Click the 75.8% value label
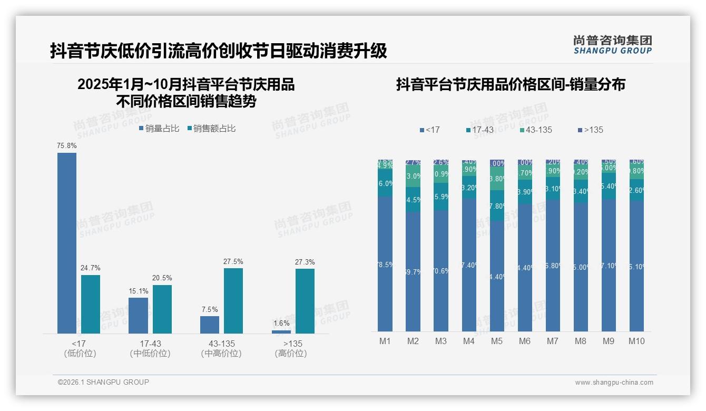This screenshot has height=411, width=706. [x=67, y=145]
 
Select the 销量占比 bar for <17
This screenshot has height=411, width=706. [x=67, y=242]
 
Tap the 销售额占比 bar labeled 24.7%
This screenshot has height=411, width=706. [x=91, y=304]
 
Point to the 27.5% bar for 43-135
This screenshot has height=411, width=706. [x=233, y=300]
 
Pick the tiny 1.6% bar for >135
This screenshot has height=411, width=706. [x=281, y=332]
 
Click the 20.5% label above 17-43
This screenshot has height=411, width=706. [x=162, y=278]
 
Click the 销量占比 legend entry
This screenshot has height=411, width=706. [x=159, y=129]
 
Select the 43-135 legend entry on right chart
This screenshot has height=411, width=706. [x=536, y=130]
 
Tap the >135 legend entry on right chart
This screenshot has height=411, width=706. [x=591, y=130]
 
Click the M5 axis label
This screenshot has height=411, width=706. [x=497, y=341]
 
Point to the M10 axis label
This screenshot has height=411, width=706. [x=636, y=341]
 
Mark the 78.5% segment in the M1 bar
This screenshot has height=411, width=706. [x=385, y=264]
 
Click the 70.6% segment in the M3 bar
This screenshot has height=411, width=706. [x=441, y=271]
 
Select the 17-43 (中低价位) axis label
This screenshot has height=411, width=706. [x=150, y=349]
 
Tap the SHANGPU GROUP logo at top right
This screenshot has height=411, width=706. [x=612, y=45]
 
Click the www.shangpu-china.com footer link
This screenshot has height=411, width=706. [x=614, y=383]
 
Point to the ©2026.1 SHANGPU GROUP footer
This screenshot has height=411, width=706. [x=103, y=382]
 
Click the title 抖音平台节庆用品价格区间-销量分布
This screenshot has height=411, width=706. [x=511, y=85]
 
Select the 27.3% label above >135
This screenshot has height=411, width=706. [x=305, y=262]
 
